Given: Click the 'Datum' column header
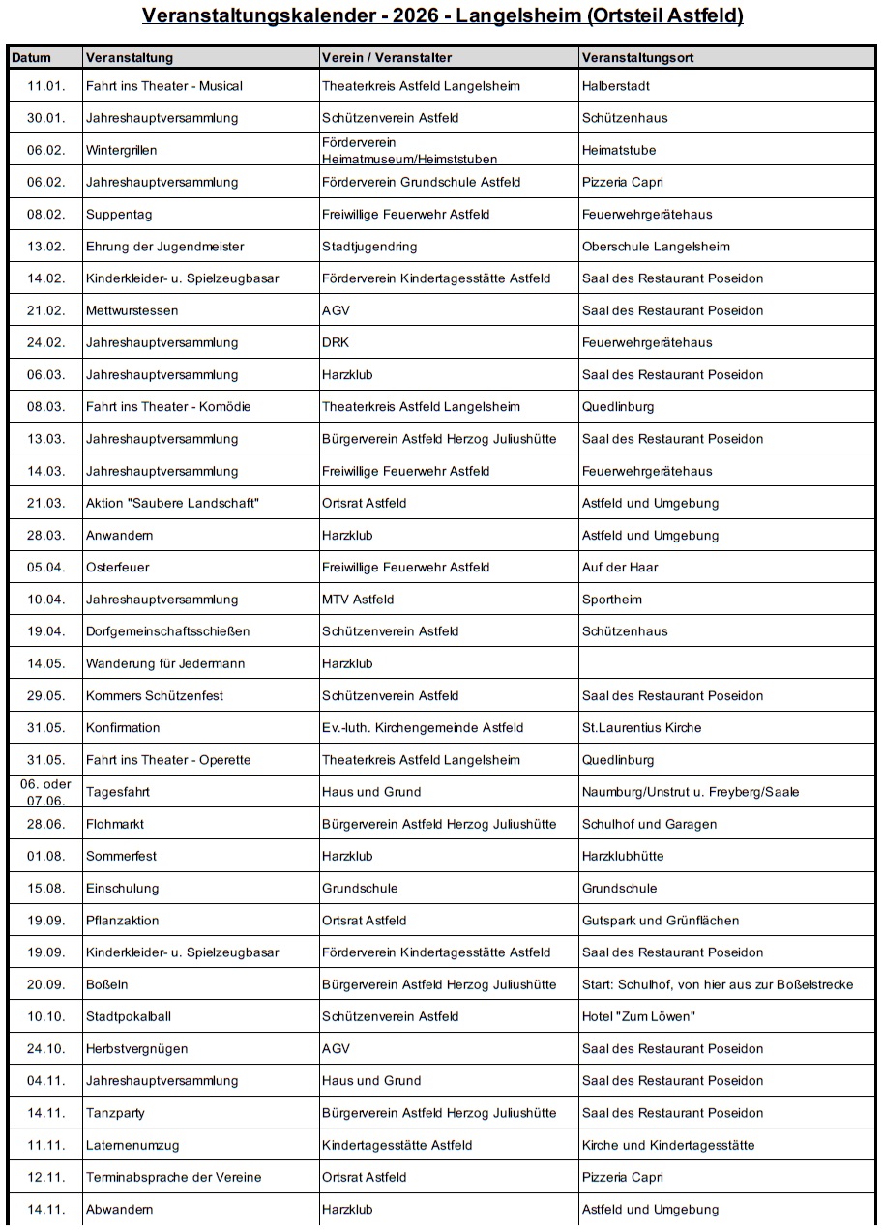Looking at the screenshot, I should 32,58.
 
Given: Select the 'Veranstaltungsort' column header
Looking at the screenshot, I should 637,58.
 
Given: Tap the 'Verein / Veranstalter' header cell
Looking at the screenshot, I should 386,58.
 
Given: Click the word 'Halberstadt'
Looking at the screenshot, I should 616,86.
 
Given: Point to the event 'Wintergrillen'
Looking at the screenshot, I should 121,151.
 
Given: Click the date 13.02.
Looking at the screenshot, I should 45,247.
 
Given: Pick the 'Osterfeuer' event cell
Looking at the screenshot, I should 117,568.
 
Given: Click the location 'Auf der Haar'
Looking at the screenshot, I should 620,568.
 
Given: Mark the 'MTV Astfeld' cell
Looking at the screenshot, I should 358,600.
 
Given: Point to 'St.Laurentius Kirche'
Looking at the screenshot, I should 641,728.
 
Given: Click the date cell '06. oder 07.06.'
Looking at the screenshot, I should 45,792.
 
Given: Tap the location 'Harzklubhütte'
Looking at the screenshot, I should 623,856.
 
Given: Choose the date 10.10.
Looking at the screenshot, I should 45,1016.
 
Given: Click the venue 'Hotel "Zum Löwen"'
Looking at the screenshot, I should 638,1016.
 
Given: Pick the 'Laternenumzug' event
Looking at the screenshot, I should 132,1145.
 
